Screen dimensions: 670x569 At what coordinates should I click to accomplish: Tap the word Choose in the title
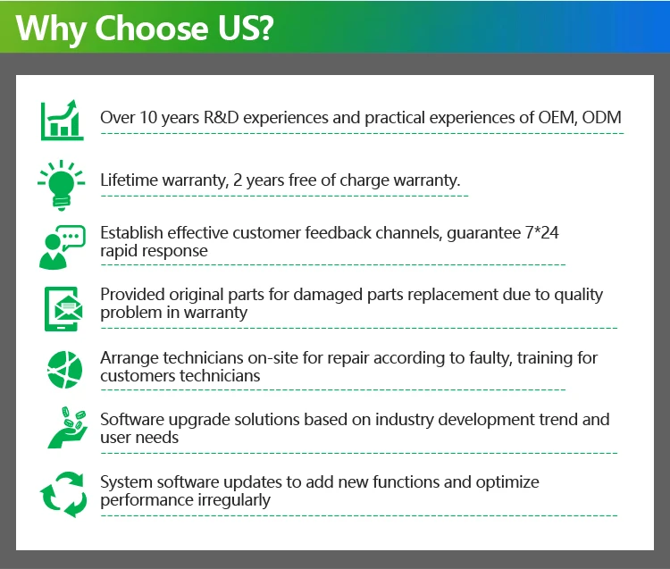pos(152,29)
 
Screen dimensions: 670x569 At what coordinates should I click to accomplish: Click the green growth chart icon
pos(62,120)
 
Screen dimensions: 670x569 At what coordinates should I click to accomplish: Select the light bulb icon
pos(61,186)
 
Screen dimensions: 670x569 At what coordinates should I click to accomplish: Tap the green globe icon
pos(64,370)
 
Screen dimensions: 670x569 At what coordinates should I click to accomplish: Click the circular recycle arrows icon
pos(63,494)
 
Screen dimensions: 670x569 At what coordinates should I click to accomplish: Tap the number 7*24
pos(542,232)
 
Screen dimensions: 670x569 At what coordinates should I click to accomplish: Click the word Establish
pos(131,233)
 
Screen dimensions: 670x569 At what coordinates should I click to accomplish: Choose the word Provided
pos(132,294)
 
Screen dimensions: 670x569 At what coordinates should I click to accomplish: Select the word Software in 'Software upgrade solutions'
pos(132,420)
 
